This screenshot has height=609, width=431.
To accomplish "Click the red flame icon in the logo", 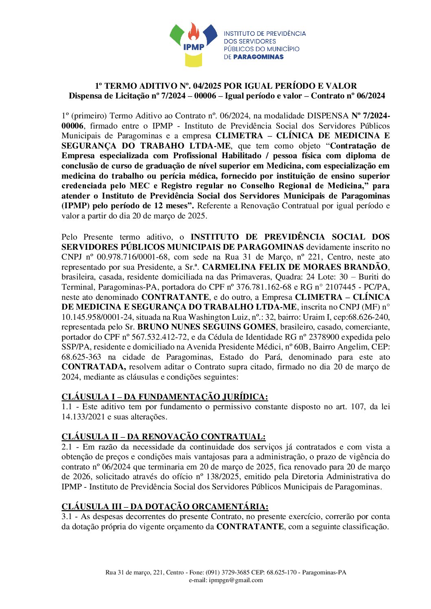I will [x=194, y=31].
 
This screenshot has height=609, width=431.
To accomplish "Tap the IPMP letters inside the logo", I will [x=194, y=47].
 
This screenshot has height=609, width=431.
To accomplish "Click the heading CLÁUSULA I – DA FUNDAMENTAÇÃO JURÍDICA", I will [x=165, y=397].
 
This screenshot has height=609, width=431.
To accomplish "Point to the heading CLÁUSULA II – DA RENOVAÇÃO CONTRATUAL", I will [x=163, y=437].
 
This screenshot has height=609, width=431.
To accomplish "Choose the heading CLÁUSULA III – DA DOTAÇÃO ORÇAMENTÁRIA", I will [x=165, y=506].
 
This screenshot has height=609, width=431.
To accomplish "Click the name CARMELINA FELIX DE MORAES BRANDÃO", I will [x=295, y=267].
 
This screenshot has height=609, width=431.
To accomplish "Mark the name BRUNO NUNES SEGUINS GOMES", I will [x=207, y=327].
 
